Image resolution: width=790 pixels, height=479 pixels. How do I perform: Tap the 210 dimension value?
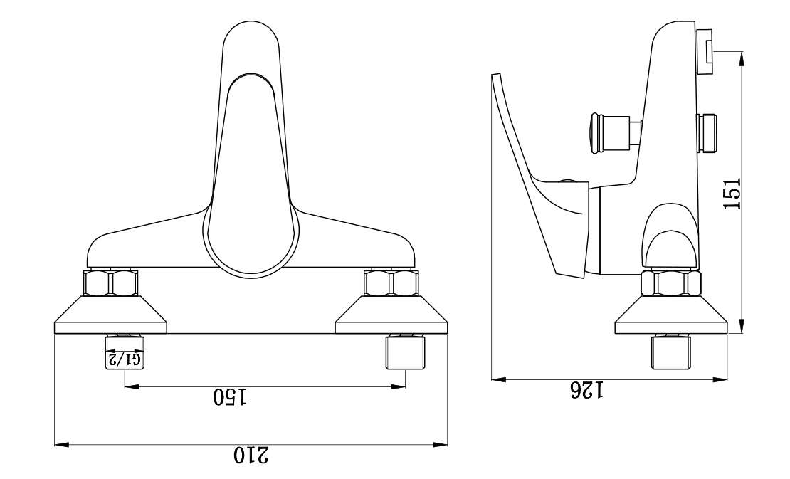252,456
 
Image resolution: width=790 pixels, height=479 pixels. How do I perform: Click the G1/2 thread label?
125,359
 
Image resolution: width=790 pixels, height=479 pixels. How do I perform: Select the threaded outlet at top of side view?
705,51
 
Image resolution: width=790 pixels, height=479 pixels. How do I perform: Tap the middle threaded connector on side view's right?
709,133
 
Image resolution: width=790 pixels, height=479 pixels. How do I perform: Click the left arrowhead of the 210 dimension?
61,446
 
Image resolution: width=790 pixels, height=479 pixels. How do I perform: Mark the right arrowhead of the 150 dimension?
400,387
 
